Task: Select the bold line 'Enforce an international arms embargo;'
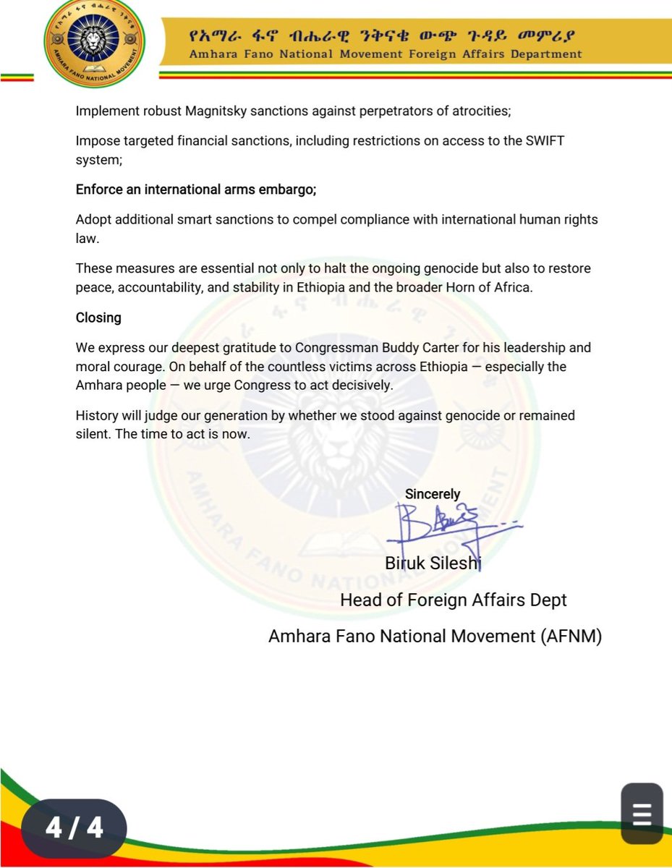pos(197,190)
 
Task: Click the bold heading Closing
pos(98,318)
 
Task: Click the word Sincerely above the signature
pos(433,494)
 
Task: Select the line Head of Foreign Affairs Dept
pos(454,600)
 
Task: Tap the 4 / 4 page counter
pos(75,827)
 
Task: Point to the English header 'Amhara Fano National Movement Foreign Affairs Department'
pos(385,54)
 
